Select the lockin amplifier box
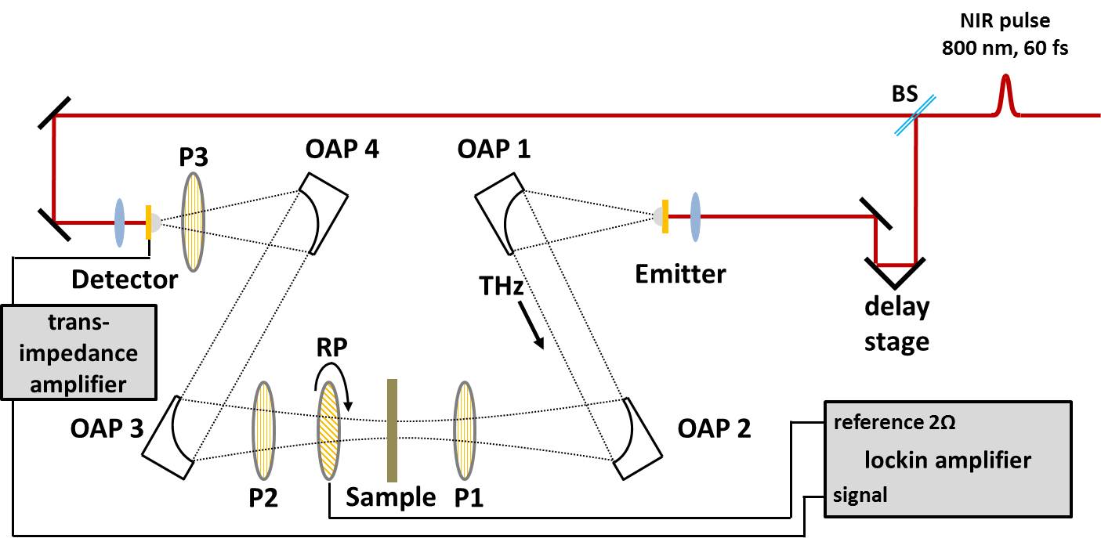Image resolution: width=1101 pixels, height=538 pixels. (947, 459)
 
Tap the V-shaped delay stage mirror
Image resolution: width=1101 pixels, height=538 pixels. (896, 273)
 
